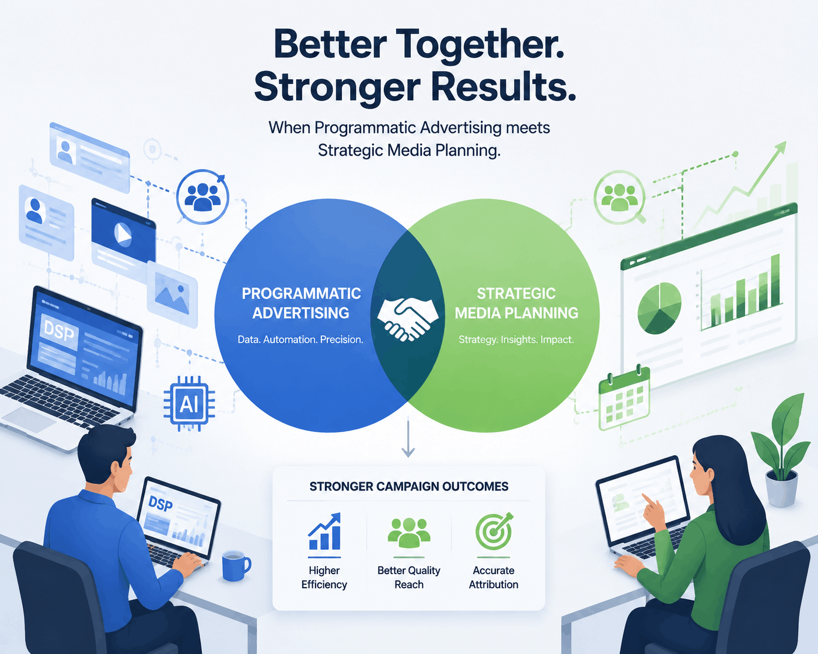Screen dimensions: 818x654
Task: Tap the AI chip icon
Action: (189, 403)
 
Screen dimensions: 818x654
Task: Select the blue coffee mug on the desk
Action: (236, 565)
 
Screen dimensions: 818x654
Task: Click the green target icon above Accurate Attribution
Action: (494, 531)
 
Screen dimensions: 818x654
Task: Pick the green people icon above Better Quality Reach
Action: (409, 532)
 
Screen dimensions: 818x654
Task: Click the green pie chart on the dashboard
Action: (659, 308)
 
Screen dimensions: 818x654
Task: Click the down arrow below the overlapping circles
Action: (408, 437)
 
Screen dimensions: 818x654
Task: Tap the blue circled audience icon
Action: (202, 197)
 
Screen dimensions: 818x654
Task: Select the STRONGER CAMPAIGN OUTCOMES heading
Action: (409, 487)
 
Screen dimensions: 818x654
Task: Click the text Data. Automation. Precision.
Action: (300, 339)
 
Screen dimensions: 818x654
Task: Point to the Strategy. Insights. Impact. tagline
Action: (516, 339)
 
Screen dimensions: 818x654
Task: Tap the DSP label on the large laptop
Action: (58, 332)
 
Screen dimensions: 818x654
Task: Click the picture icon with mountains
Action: (172, 295)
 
